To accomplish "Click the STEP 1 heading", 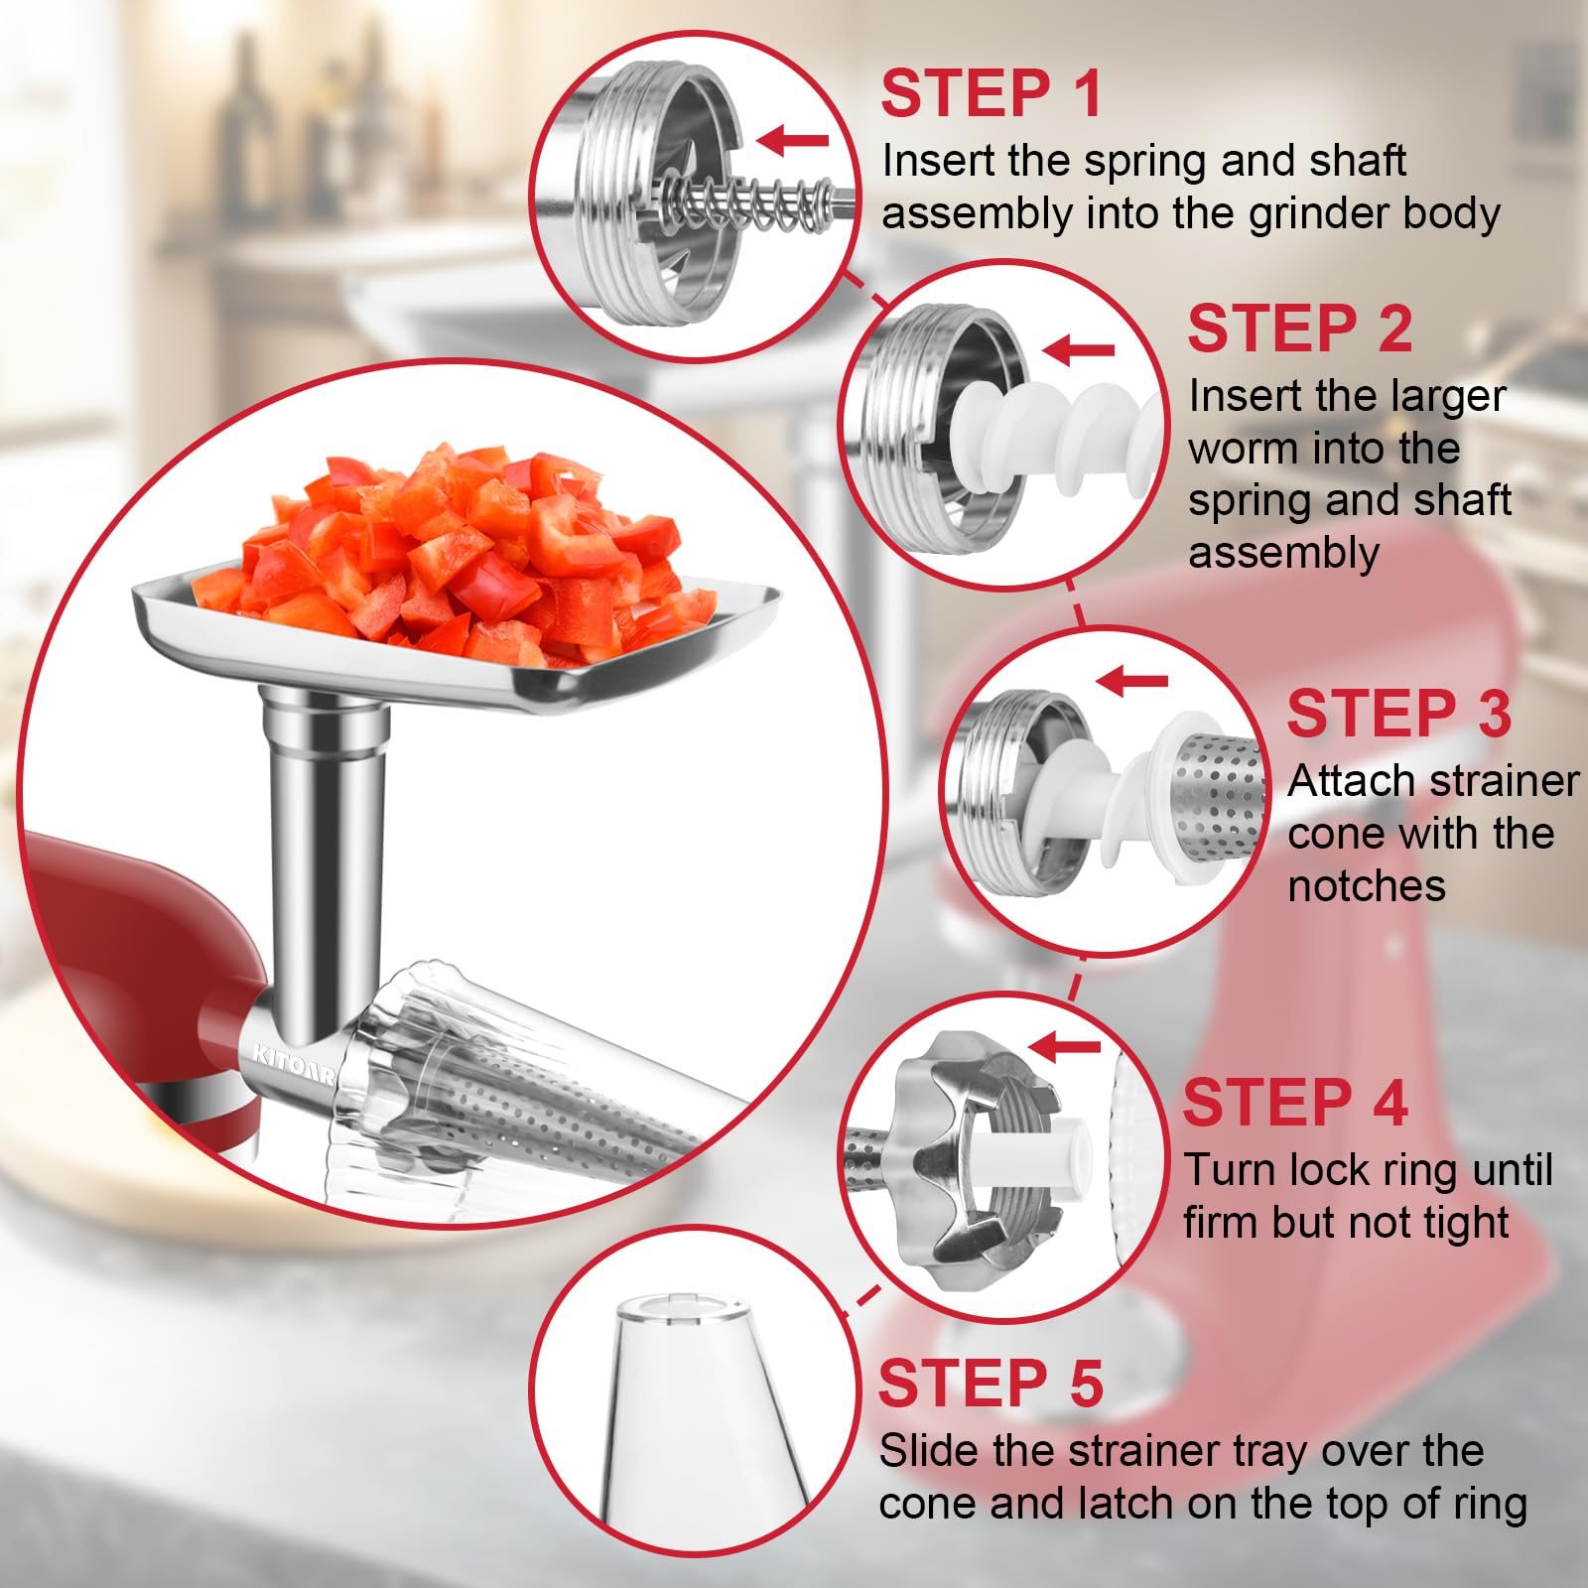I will (x=991, y=93).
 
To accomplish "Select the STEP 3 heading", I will (x=1398, y=714).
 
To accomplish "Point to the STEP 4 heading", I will (x=1295, y=1103).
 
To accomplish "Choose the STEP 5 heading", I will (x=991, y=1384).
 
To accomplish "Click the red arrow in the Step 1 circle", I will (x=794, y=141).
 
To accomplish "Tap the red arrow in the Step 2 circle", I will (x=1080, y=349).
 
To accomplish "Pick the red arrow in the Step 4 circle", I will (x=1066, y=1046).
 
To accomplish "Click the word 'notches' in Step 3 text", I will (x=1366, y=885).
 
